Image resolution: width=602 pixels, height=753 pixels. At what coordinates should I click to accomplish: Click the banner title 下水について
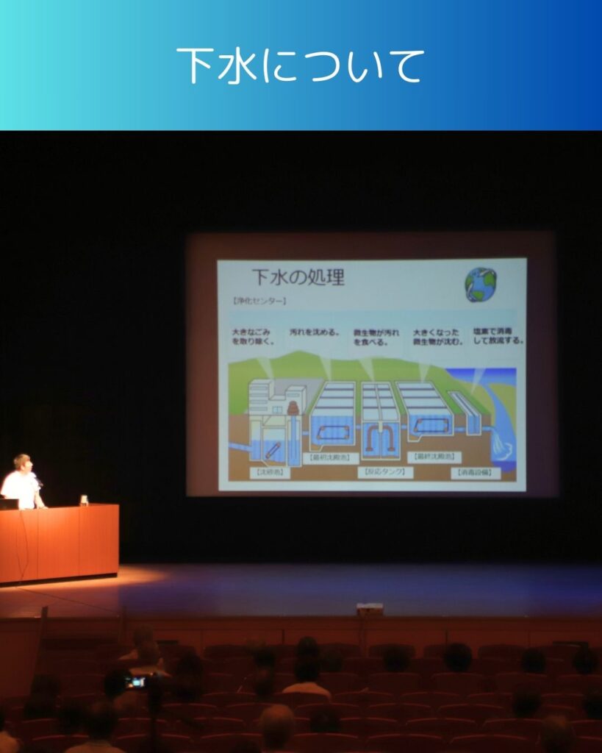click(301, 66)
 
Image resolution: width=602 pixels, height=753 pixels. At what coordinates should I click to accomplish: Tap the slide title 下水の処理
click(298, 278)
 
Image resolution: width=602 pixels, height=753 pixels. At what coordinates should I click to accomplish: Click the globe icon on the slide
click(481, 284)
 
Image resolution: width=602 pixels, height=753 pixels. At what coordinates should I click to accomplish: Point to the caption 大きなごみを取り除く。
click(254, 336)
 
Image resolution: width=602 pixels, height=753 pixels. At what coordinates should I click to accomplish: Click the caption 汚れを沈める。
click(315, 332)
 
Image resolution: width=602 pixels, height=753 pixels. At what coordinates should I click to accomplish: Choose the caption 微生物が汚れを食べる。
click(376, 336)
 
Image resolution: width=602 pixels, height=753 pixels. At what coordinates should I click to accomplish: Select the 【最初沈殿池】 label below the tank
click(326, 457)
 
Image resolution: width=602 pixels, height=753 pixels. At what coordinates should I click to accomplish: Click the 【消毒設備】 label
click(476, 472)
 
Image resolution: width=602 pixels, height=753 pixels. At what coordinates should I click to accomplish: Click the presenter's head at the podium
click(22, 463)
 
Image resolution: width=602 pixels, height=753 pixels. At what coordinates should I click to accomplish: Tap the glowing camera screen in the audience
click(135, 682)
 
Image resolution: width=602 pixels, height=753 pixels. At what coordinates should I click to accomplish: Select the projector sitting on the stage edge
click(370, 608)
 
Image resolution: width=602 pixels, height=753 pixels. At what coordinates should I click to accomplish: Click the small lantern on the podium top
click(85, 500)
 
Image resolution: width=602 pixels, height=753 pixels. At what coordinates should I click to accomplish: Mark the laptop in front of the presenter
click(9, 504)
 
